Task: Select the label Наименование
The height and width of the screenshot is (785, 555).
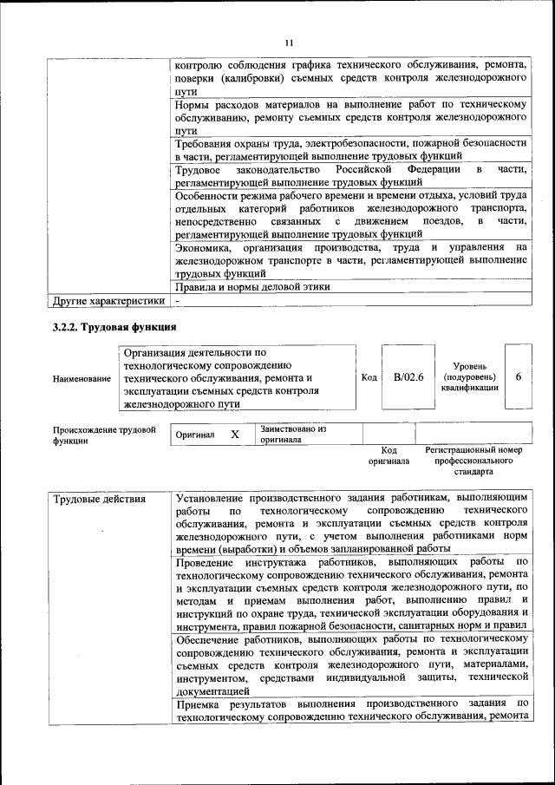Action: coord(82,379)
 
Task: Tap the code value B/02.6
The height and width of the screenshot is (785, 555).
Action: coord(408,377)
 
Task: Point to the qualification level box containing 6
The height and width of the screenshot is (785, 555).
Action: coord(518,377)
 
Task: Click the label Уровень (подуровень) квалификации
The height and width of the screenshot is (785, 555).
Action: coord(468,377)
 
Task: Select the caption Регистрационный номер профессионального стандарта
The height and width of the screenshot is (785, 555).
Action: coord(473,461)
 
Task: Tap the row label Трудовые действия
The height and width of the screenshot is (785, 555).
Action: coord(96,500)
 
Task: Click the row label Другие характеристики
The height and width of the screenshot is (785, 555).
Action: coord(108,301)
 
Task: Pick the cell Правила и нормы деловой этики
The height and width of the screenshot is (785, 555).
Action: coord(252,287)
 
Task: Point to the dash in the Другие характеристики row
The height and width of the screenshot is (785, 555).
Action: coord(177,301)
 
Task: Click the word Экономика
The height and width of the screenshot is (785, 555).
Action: coord(205,248)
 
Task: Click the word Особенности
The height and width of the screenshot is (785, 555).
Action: coord(212,196)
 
